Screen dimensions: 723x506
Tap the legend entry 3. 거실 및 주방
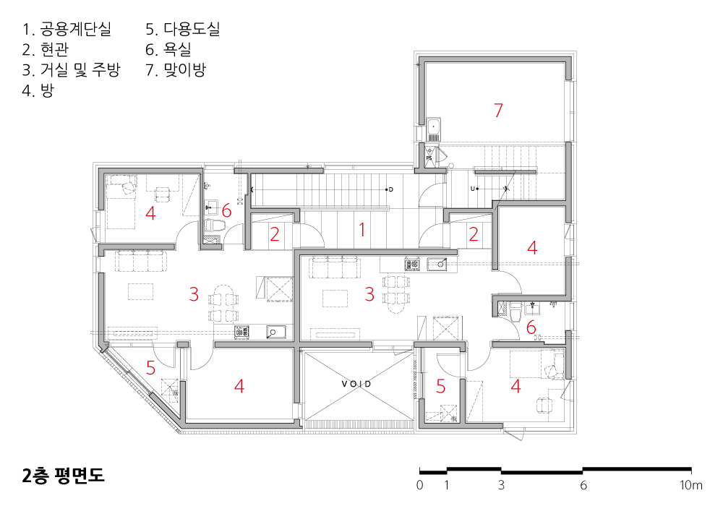72,70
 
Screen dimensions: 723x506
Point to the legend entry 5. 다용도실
183,30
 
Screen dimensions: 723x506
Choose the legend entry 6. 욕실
168,50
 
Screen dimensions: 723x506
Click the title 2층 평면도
64,475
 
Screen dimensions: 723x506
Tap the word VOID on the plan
356,384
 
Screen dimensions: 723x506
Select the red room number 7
497,111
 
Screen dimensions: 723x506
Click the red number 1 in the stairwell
361,231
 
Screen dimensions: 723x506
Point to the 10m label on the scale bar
691,485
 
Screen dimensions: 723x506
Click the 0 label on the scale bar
420,485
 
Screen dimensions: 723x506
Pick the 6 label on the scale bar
583,485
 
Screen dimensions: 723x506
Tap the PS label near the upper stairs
429,157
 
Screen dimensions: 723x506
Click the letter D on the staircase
391,189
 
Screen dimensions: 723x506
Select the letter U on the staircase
473,189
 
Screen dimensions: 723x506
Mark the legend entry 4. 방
38,91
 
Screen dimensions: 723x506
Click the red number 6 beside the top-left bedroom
226,210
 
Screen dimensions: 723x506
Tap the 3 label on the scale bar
501,485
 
